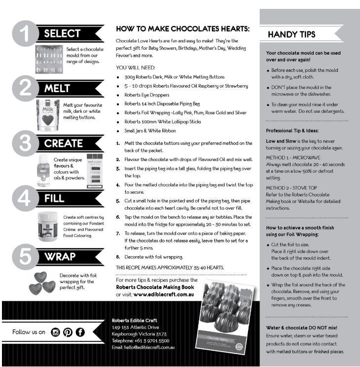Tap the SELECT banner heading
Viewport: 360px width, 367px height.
coord(62,34)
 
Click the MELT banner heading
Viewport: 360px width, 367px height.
coord(58,89)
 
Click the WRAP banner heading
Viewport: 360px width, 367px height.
coord(60,257)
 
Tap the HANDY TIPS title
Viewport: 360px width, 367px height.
coord(291,34)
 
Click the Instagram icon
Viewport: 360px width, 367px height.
coord(55,332)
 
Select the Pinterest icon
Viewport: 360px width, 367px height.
coord(67,332)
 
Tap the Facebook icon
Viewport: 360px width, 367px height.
coord(79,332)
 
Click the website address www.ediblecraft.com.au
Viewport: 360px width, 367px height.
coord(161,294)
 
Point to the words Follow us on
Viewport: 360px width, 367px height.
coord(29,332)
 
